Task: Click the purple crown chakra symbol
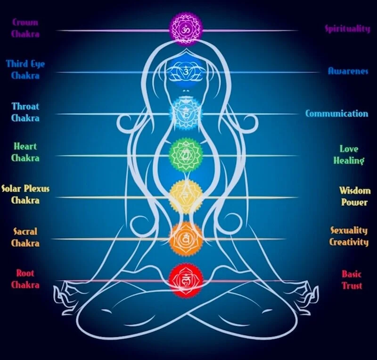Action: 186,28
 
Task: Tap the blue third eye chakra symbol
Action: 186,71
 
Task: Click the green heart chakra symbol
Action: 186,154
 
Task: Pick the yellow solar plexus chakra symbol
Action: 186,195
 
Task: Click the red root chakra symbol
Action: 186,280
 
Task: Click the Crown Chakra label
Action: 25,28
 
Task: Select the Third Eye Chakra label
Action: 25,69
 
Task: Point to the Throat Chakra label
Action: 25,112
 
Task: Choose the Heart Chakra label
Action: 25,152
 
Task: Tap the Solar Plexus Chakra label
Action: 25,194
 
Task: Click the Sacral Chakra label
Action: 25,237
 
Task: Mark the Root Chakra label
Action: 25,279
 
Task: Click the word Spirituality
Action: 347,29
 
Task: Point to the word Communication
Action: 336,114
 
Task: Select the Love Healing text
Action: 349,155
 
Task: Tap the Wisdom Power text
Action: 354,196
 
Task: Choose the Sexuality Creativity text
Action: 349,236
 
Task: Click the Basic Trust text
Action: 352,280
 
